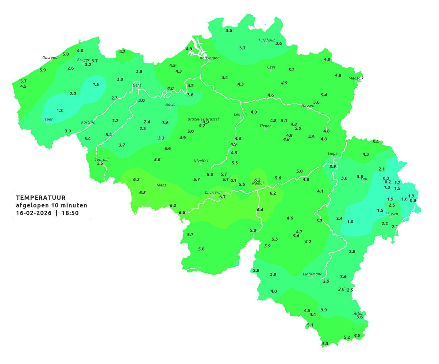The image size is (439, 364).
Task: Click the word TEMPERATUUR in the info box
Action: [x=41, y=198]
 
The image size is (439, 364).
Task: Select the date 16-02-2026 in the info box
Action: [x=34, y=213]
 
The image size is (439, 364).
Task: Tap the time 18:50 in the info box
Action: [x=70, y=213]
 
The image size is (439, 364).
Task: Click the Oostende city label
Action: [x=51, y=57]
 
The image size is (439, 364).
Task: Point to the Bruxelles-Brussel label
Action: [x=203, y=119]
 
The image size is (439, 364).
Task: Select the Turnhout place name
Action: [x=266, y=40]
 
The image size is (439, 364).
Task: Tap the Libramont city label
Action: [x=312, y=274]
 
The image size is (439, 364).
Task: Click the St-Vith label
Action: [x=391, y=214]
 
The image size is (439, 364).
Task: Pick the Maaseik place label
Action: [x=356, y=78]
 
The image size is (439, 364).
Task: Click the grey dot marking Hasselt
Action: [x=308, y=109]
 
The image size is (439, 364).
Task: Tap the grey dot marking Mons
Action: [x=161, y=188]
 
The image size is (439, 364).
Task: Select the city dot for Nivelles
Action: [x=201, y=164]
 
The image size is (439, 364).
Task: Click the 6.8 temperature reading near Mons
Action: [x=142, y=193]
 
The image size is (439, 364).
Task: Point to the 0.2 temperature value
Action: [x=388, y=182]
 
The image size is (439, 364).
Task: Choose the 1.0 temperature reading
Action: [x=350, y=222]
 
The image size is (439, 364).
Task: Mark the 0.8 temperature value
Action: [x=413, y=200]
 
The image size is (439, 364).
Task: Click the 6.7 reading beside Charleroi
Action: [x=222, y=197]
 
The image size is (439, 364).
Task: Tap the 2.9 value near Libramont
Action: [x=326, y=281]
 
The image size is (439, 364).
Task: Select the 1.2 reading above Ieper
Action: [x=60, y=110]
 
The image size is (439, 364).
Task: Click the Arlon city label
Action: [x=358, y=313]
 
